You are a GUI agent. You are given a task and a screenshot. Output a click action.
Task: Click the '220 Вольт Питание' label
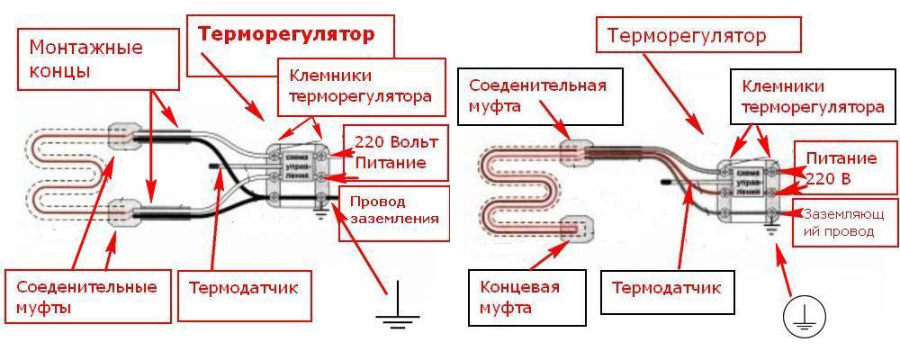point(390,153)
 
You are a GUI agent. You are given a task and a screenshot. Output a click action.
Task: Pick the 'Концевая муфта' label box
point(517,298)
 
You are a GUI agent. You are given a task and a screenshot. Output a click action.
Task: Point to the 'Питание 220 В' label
point(841,167)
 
